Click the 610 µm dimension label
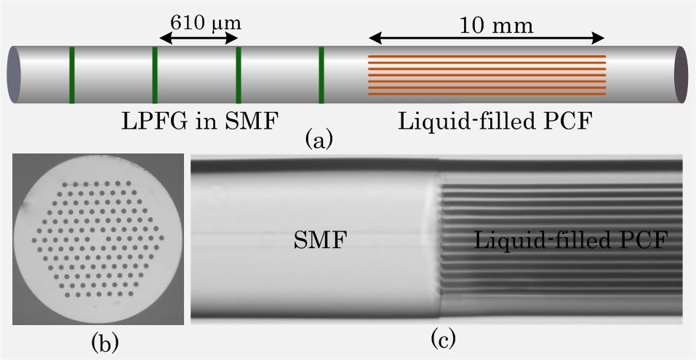coord(205,21)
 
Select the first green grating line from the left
coord(71,74)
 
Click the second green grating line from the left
coord(155,74)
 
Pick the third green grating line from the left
coord(238,74)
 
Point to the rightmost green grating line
coord(321,74)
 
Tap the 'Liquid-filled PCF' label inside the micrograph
coord(571,241)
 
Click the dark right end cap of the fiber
coord(681,74)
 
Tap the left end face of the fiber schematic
coord(15,74)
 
